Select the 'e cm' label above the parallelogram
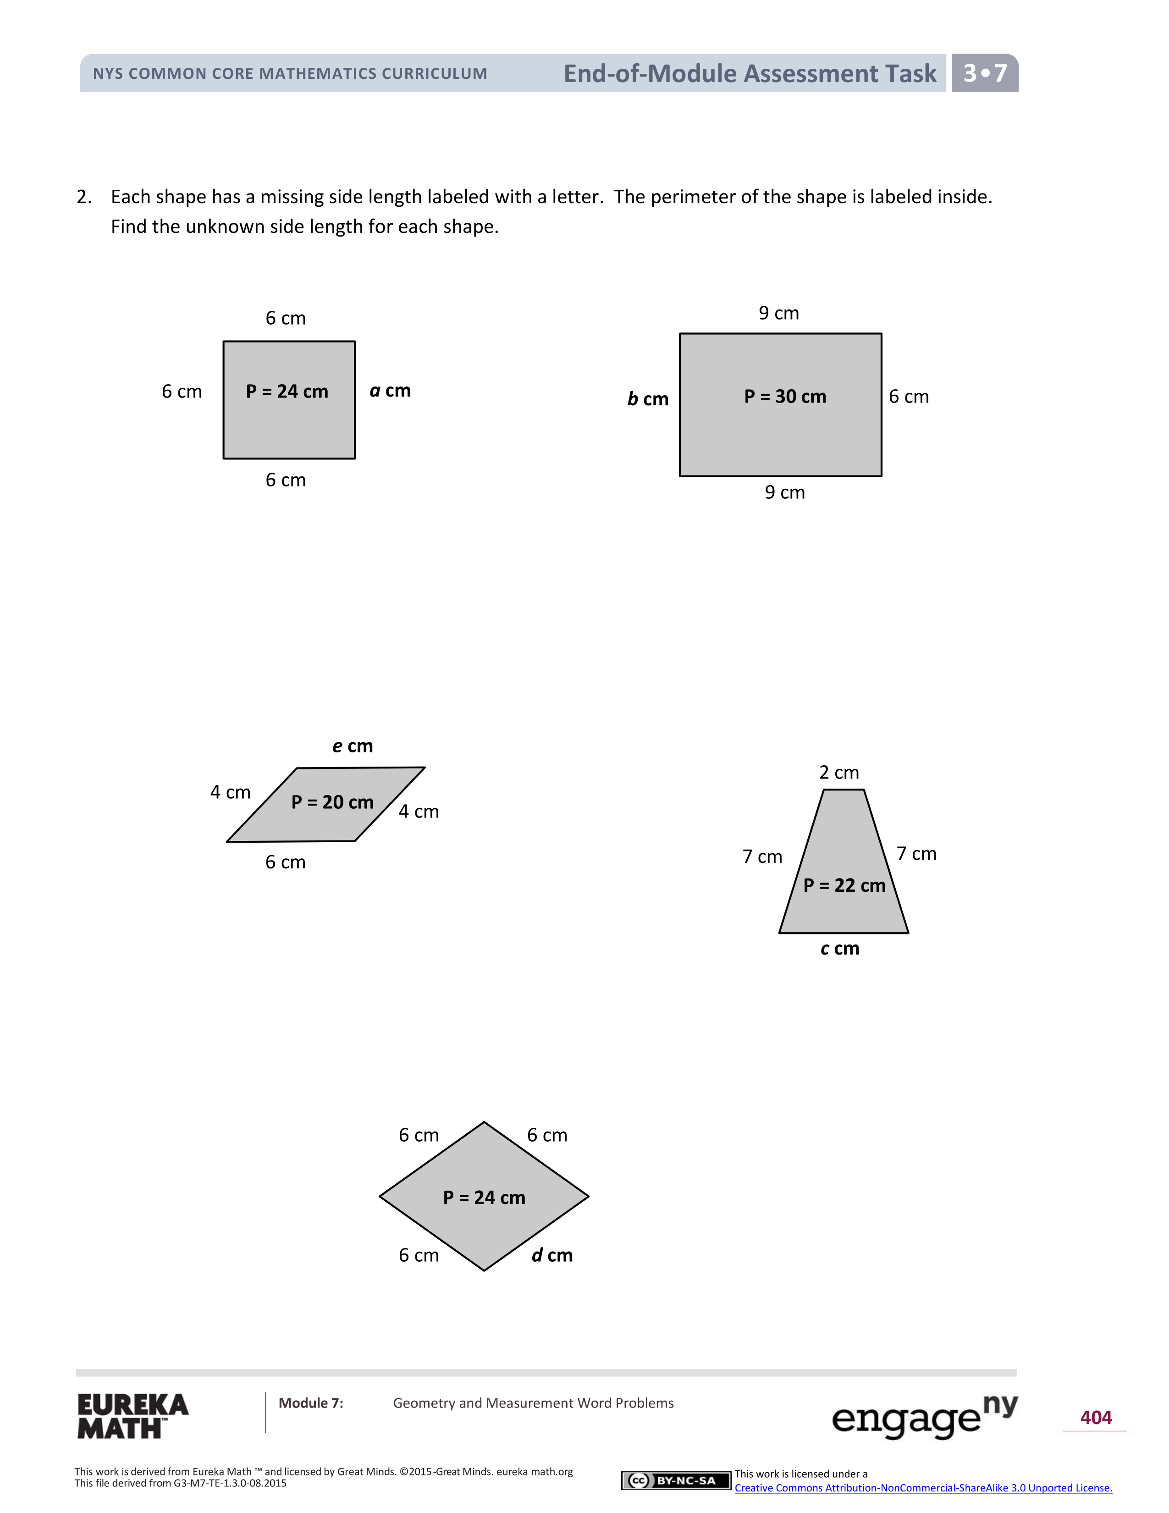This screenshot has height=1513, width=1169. pyautogui.click(x=353, y=746)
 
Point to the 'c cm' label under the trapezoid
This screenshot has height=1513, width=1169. pyautogui.click(x=839, y=949)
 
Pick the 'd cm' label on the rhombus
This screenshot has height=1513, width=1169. pyautogui.click(x=552, y=1255)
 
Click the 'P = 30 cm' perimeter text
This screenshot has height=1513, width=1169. pyautogui.click(x=785, y=397)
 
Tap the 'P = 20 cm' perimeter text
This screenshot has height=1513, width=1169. pyautogui.click(x=332, y=802)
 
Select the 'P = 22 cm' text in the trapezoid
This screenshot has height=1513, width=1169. pyautogui.click(x=844, y=885)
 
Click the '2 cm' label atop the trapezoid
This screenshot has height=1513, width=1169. pyautogui.click(x=838, y=773)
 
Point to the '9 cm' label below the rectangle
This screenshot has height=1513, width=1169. pyautogui.click(x=785, y=492)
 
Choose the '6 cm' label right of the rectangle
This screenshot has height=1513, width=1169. pyautogui.click(x=909, y=397)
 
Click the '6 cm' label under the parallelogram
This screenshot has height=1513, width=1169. pyautogui.click(x=285, y=862)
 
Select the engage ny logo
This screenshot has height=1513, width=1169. pyautogui.click(x=924, y=1416)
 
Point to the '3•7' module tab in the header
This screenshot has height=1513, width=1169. pyautogui.click(x=985, y=73)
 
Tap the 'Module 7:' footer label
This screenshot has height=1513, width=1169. pyautogui.click(x=311, y=1403)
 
